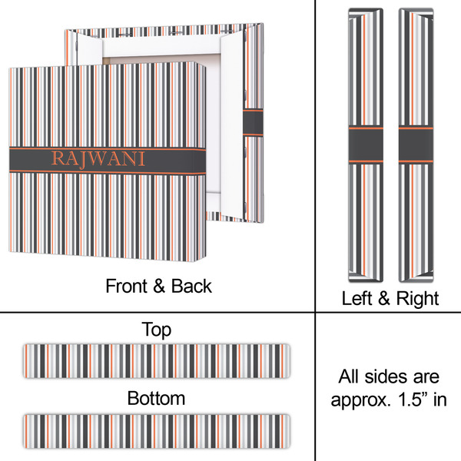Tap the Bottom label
(x=156, y=399)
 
